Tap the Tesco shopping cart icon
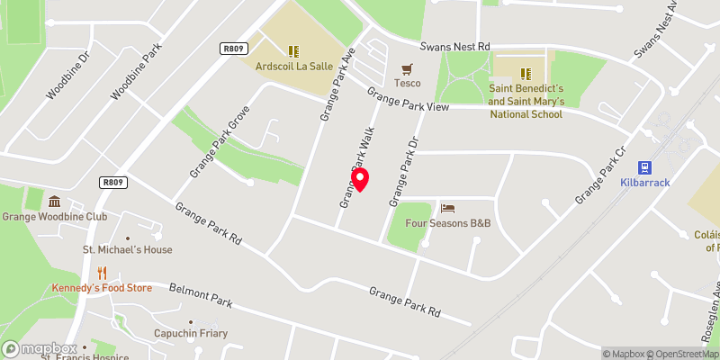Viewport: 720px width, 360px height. tap(407, 68)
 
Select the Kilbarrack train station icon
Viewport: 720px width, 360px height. tap(644, 167)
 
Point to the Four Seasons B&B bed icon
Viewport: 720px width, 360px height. tap(447, 208)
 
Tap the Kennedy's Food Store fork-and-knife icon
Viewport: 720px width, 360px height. tap(102, 273)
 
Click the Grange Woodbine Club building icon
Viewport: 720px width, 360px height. tap(54, 201)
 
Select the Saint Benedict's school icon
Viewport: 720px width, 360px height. tap(526, 72)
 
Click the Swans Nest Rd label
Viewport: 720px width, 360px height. tap(458, 47)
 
